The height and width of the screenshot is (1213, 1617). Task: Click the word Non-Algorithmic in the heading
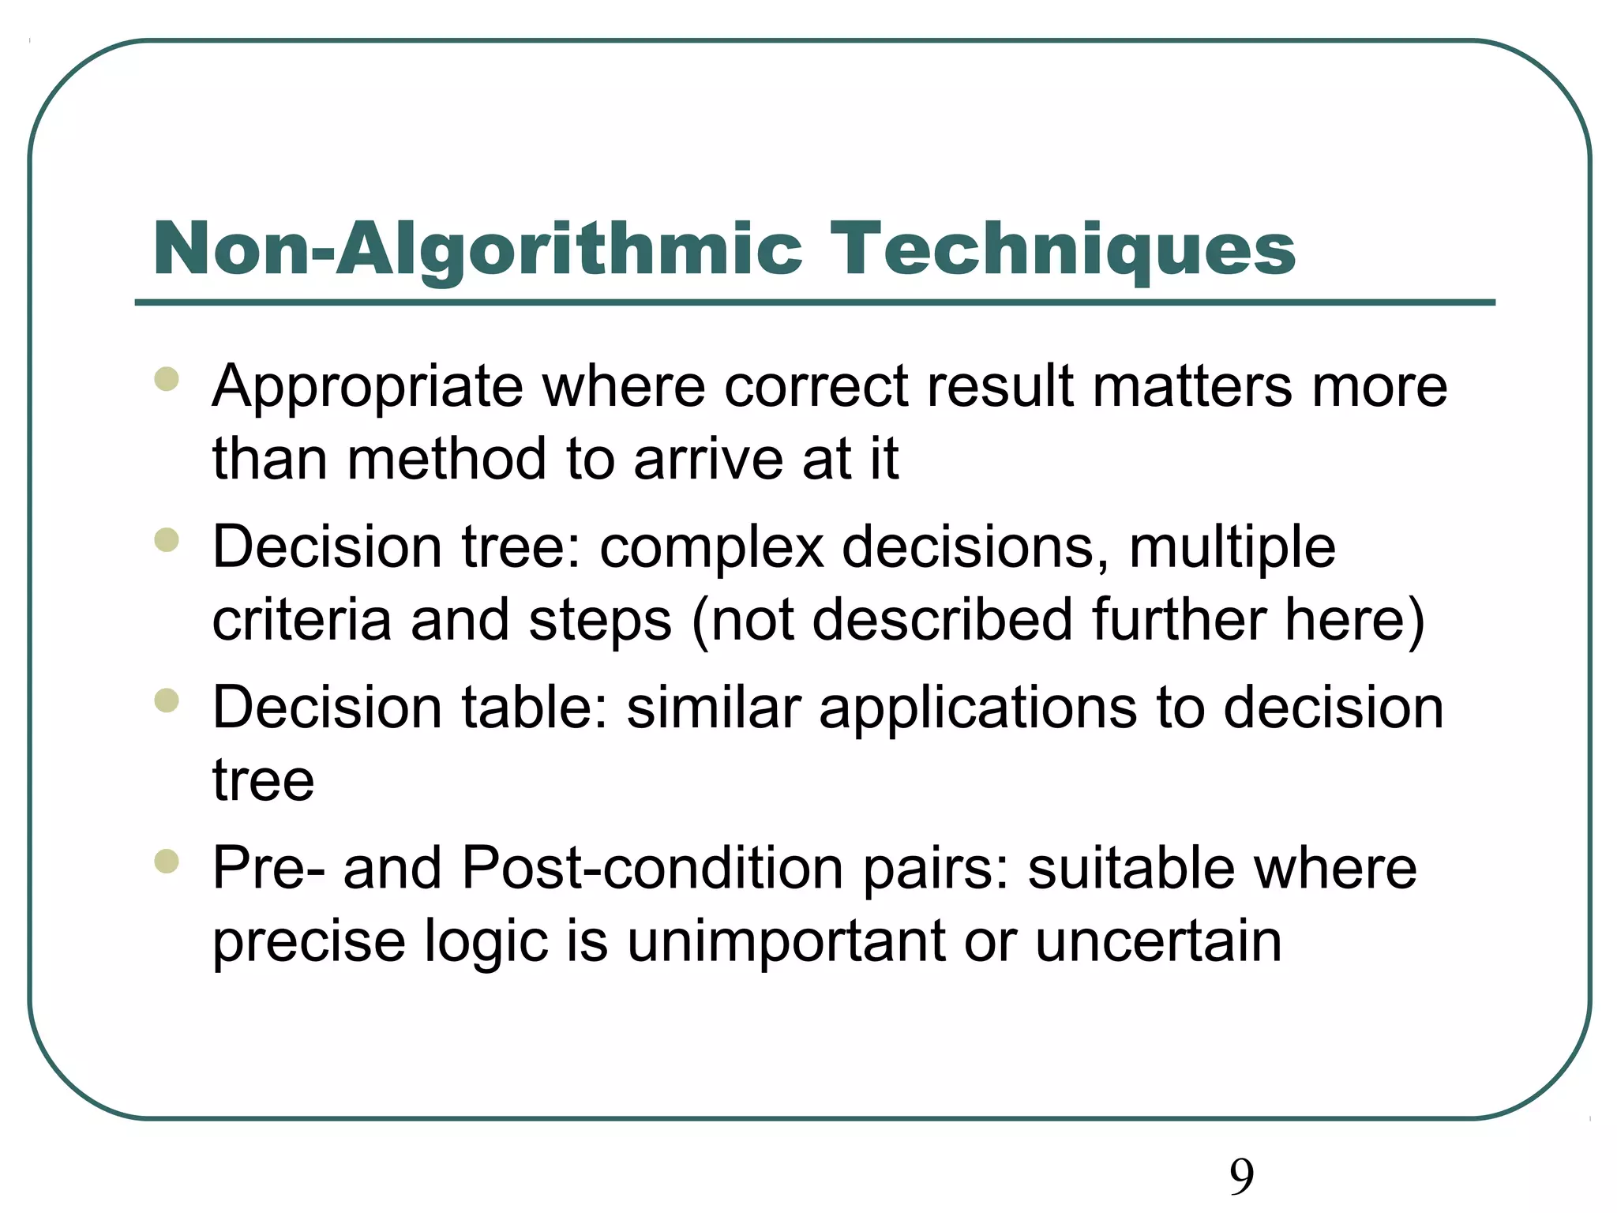pos(478,251)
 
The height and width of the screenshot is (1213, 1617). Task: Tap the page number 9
pos(1241,1177)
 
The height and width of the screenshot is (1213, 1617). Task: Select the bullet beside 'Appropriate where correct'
pos(167,379)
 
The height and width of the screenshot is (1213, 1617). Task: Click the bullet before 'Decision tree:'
pos(167,540)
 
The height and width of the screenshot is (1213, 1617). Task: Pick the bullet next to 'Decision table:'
pos(167,700)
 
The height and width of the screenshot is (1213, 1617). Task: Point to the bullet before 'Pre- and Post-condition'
pos(167,861)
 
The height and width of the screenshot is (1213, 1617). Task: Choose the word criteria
pos(302,620)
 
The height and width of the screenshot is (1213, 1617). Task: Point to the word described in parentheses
pos(942,620)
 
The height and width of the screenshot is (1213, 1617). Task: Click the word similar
pos(714,708)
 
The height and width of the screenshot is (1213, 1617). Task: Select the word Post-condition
pos(652,869)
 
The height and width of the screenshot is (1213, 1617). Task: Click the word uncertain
pos(1158,942)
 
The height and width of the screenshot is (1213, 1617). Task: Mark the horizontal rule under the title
pos(815,302)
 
